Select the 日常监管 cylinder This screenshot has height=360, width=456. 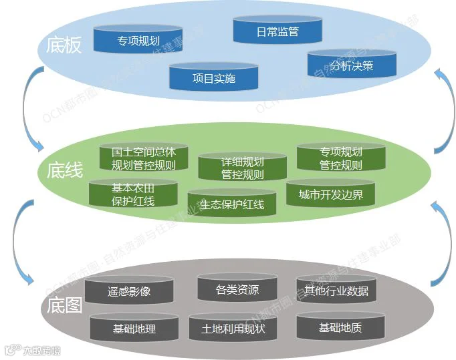(x=277, y=31)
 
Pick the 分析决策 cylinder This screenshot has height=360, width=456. (x=352, y=65)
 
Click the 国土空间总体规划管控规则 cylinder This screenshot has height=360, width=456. (x=143, y=158)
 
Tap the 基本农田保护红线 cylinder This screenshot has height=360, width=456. (x=133, y=194)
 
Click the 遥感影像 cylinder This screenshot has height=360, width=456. (x=129, y=291)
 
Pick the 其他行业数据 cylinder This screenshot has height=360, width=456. (x=336, y=291)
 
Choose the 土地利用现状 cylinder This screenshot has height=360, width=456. (x=233, y=329)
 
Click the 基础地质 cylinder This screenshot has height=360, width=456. (x=340, y=327)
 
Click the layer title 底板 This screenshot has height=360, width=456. (x=64, y=45)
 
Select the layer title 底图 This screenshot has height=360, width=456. (x=64, y=306)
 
